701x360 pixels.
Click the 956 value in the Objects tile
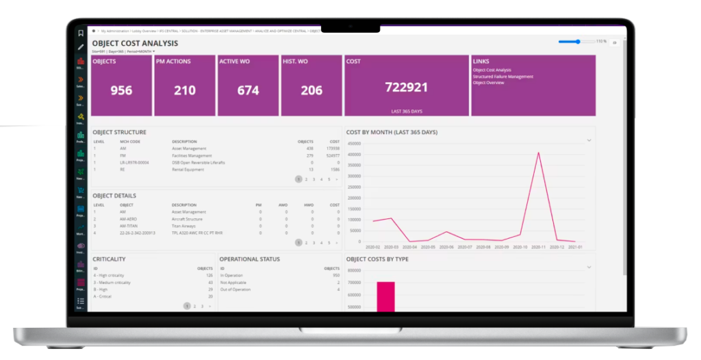tap(121, 90)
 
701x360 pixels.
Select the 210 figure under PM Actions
tap(184, 90)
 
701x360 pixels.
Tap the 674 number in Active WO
tap(248, 90)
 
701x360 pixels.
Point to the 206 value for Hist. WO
tap(311, 90)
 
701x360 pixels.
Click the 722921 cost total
tap(406, 87)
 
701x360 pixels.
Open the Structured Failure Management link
tap(502, 77)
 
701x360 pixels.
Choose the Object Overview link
tap(489, 83)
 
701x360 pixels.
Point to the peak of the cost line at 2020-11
tap(539, 153)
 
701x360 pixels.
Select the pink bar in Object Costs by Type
tap(385, 296)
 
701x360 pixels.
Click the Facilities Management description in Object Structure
tap(192, 155)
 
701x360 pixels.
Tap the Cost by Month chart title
tap(392, 132)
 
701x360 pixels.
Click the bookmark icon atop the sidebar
tap(81, 33)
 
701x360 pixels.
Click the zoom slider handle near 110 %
tap(578, 42)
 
